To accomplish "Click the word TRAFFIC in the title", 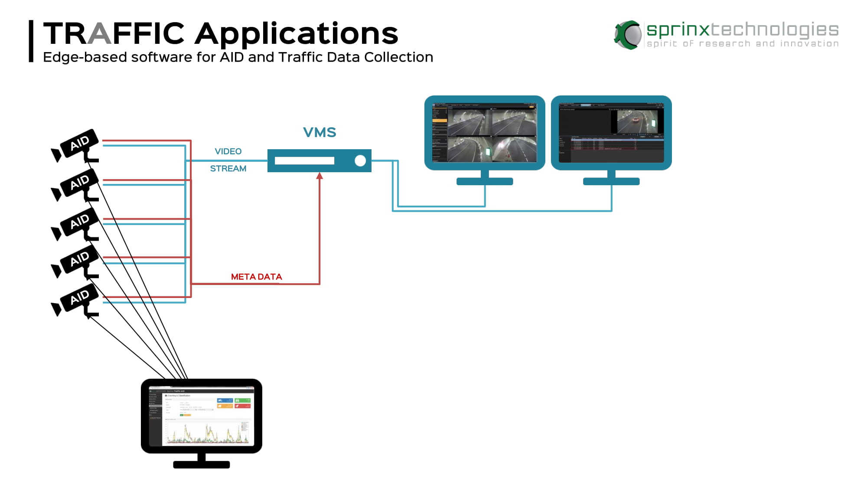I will coord(114,33).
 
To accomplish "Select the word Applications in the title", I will coord(296,34).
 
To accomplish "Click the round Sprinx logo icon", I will coord(628,35).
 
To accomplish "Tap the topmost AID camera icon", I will coord(78,144).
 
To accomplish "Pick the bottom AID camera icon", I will coord(78,299).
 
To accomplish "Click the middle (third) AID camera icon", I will coord(78,223).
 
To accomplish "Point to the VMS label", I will coord(319,132).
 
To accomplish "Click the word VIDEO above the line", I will coord(228,151).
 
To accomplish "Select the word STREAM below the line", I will coord(228,169).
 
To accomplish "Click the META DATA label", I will coord(256,277).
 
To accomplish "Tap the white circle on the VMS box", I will coord(360,161).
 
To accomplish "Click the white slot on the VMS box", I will coord(304,161).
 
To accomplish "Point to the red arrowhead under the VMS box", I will coord(319,176).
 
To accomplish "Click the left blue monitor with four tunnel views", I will coord(485,133).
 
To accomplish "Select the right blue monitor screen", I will coord(611,133).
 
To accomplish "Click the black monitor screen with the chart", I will coord(202,416).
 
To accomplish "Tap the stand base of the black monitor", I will coord(202,465).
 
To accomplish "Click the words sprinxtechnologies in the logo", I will coord(742,29).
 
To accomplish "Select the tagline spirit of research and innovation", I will coord(742,44).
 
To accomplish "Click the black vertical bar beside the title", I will coord(31,41).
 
